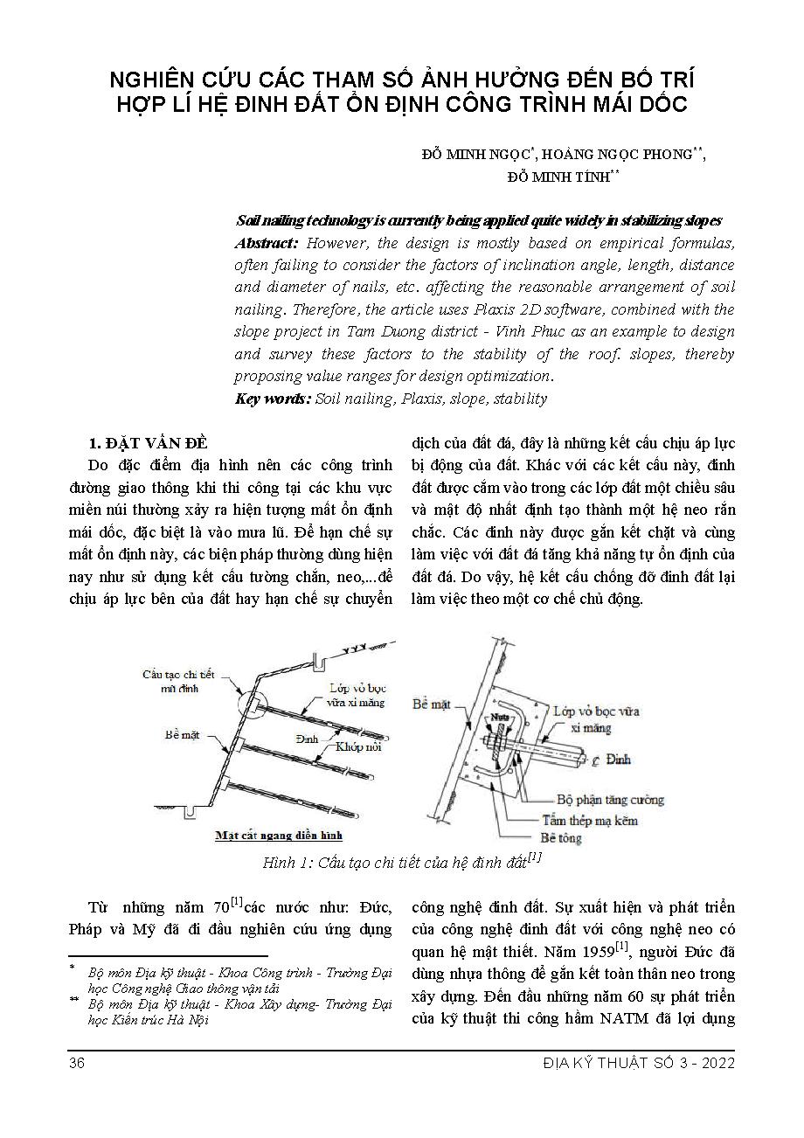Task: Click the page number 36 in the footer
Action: click(75, 1063)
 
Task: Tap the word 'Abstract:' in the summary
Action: click(267, 242)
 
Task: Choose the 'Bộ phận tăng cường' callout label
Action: click(609, 799)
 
